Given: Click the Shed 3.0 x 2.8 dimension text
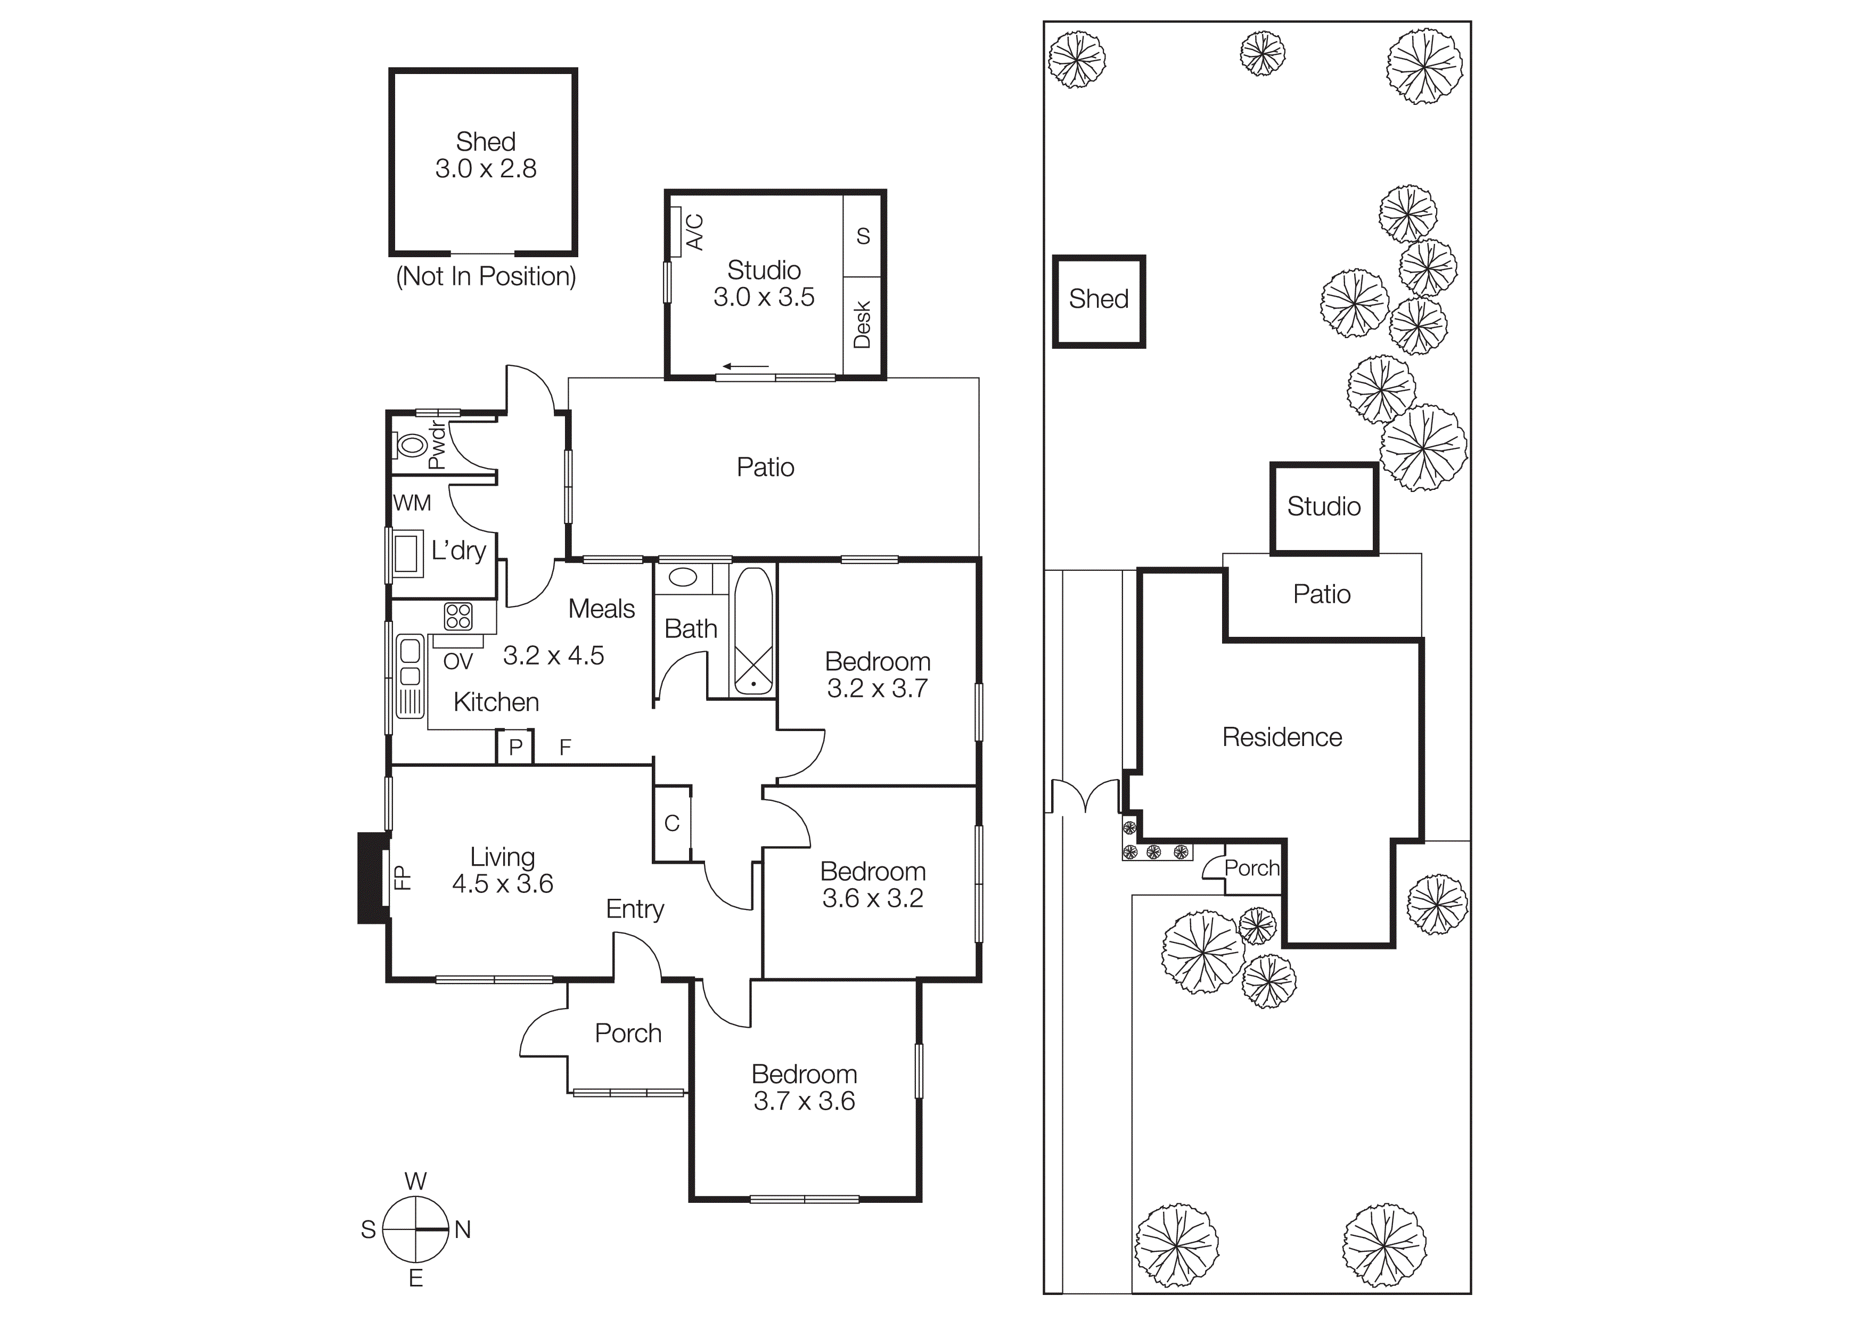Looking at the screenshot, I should coord(486,168).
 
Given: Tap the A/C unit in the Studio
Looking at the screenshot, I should coord(675,232).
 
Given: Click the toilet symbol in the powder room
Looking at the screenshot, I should coord(411,445).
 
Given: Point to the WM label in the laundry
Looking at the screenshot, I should coord(412,503).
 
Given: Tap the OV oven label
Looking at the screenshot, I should coord(457,662).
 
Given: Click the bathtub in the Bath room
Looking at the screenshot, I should coord(753,631).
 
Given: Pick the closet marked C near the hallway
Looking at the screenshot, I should coord(672,824).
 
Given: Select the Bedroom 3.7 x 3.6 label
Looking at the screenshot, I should coord(804,1087).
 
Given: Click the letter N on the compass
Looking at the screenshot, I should coord(462,1229).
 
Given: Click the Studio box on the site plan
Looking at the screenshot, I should coord(1324,507).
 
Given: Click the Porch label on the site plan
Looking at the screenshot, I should coord(1251,868).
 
